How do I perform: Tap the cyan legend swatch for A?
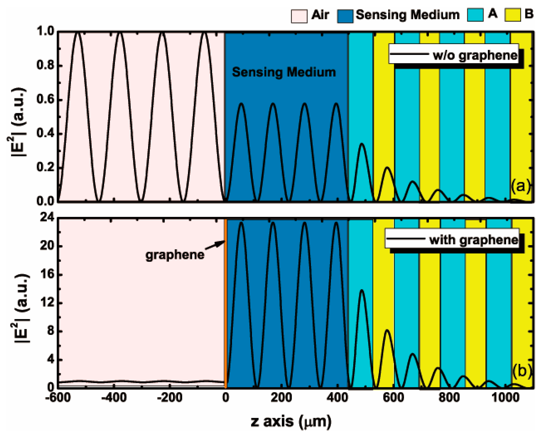[475, 15]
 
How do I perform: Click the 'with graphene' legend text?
[474, 240]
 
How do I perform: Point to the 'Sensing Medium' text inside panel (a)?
[283, 72]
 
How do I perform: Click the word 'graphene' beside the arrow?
[175, 255]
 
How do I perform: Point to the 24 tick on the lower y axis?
[47, 218]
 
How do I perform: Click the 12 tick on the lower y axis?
[47, 303]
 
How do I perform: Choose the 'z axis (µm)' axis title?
[291, 421]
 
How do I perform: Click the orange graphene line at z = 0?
[225, 314]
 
